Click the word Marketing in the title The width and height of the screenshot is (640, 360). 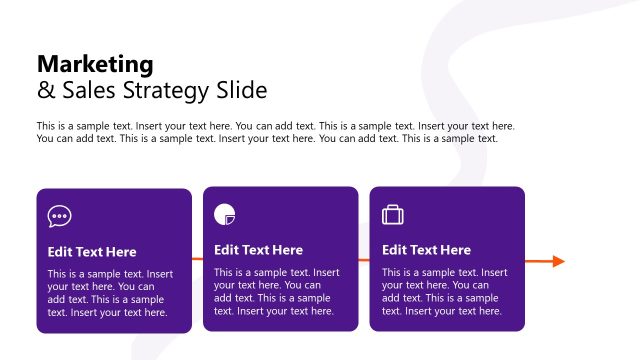pyautogui.click(x=95, y=65)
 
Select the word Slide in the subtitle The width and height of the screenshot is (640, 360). pyautogui.click(x=242, y=91)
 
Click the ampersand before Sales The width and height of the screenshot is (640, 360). pyautogui.click(x=44, y=91)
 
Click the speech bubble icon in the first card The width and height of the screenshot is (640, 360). pyautogui.click(x=60, y=215)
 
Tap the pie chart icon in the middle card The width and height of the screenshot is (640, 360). pyautogui.click(x=225, y=213)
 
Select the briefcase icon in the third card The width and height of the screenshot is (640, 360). pyautogui.click(x=393, y=214)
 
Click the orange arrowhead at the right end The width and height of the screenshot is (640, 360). pyautogui.click(x=558, y=261)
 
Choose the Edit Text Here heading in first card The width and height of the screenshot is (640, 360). pyautogui.click(x=92, y=252)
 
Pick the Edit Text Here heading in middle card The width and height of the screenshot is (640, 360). pyautogui.click(x=258, y=250)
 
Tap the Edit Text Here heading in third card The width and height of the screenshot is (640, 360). pyautogui.click(x=426, y=250)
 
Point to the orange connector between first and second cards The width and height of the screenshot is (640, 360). pyautogui.click(x=197, y=260)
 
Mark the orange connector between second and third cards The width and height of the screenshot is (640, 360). pyautogui.click(x=364, y=260)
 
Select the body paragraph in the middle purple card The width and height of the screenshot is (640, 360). pyautogui.click(x=274, y=291)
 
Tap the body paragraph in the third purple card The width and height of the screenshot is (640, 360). pyautogui.click(x=442, y=291)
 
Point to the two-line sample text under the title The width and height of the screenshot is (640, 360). pyautogui.click(x=275, y=132)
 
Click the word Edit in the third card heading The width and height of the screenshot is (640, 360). pyautogui.click(x=394, y=250)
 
